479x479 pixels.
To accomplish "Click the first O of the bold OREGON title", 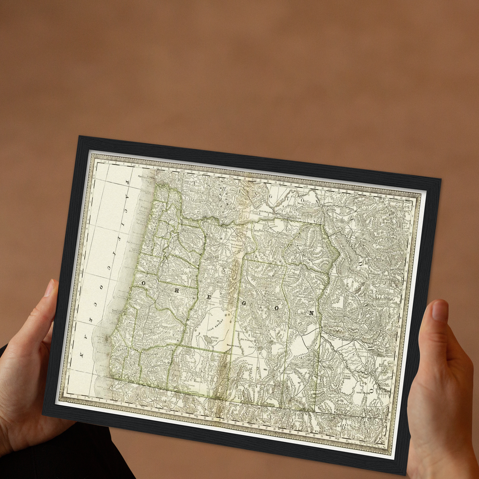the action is [144, 283].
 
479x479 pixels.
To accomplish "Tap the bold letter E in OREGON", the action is [209, 297].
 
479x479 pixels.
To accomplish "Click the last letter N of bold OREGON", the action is [311, 313].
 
